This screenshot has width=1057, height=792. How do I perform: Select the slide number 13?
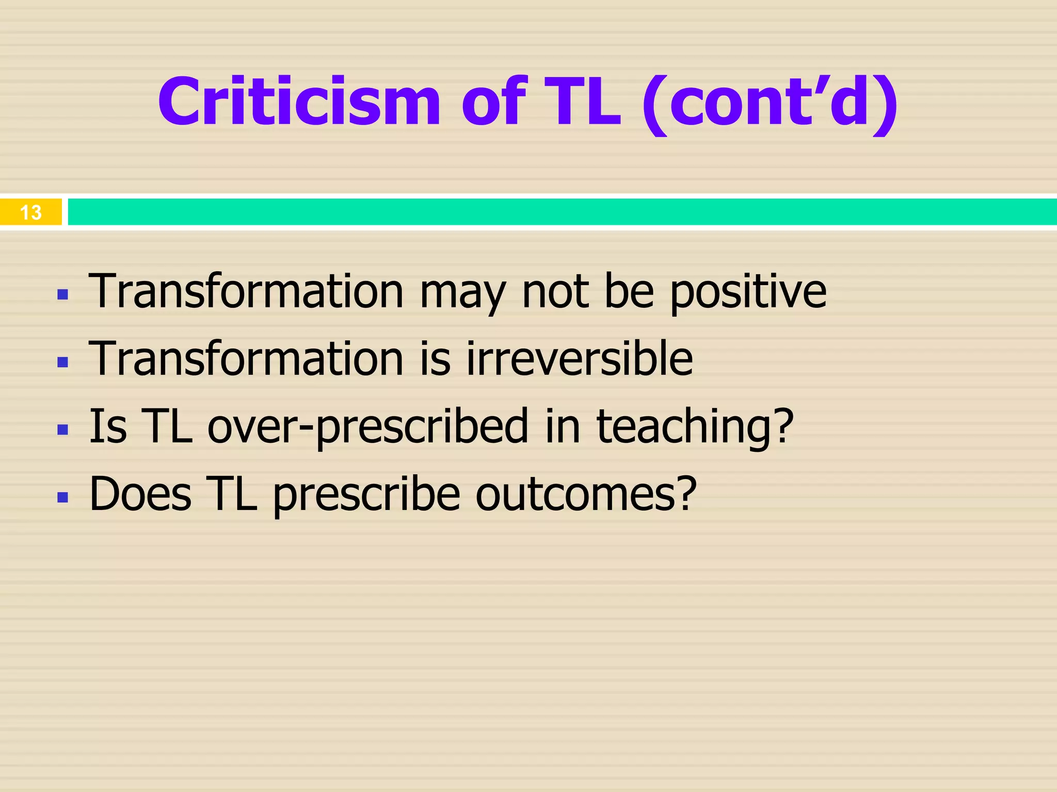click(x=30, y=212)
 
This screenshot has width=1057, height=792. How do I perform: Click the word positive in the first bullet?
click(x=748, y=292)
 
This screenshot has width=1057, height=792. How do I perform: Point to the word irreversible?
click(x=579, y=358)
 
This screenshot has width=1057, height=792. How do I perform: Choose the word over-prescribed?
click(x=368, y=426)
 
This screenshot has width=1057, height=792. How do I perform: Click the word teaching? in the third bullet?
click(x=695, y=426)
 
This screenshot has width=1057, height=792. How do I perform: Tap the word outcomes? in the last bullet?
click(x=586, y=494)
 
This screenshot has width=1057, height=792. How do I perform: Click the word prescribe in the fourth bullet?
click(x=366, y=494)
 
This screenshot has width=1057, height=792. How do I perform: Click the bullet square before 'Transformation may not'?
click(x=63, y=295)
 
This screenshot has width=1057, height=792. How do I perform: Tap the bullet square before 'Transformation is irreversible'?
click(x=63, y=362)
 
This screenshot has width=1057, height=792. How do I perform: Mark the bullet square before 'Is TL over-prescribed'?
click(x=63, y=430)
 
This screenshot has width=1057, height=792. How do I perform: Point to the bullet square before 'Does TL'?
click(x=63, y=497)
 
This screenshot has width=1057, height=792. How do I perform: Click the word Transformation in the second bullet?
click(x=246, y=358)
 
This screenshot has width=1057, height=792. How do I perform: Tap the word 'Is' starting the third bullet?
click(x=108, y=426)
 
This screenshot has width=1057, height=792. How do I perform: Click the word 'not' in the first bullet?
click(x=555, y=292)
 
